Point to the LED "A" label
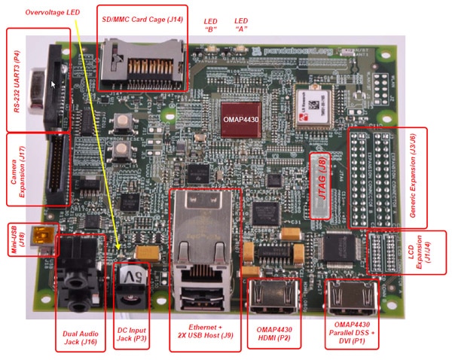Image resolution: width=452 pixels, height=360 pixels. (242, 25)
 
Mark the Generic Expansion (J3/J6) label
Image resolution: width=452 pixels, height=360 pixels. (417, 177)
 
